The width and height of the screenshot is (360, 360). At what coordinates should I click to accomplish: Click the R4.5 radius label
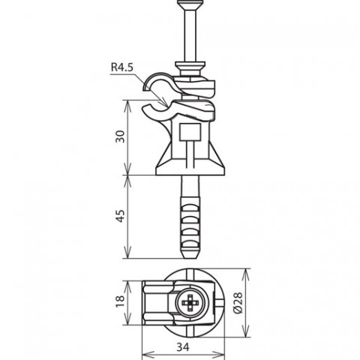pyautogui.click(x=122, y=67)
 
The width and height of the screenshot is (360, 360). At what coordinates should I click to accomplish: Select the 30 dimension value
pyautogui.click(x=120, y=136)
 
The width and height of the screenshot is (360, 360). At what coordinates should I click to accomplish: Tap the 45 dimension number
pyautogui.click(x=120, y=216)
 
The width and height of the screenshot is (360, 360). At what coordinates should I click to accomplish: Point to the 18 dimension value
pyautogui.click(x=120, y=301)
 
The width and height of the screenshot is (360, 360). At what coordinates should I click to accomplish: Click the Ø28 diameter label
pyautogui.click(x=238, y=302)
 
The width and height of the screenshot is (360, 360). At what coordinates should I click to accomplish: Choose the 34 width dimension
pyautogui.click(x=183, y=346)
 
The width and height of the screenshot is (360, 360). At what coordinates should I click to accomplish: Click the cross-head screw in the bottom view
pyautogui.click(x=190, y=303)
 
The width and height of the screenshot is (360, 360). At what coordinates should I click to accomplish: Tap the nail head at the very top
pyautogui.click(x=190, y=4)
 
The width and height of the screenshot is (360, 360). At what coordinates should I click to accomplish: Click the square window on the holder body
pyautogui.click(x=190, y=132)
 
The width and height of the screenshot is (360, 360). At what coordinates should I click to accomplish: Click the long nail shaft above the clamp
pyautogui.click(x=190, y=35)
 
